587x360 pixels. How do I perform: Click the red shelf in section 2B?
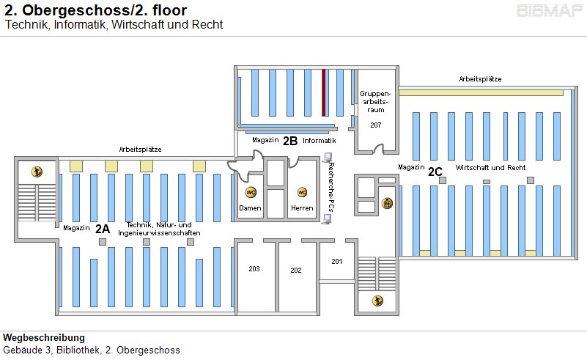[x=324, y=92]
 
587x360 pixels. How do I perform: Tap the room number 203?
[x=254, y=269]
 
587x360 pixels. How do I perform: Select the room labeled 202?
[x=296, y=271]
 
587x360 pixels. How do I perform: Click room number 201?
[x=336, y=262]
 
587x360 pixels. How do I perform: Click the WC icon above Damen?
[x=250, y=192]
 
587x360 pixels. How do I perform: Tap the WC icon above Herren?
[x=301, y=192]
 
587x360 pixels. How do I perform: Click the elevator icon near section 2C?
[x=388, y=203]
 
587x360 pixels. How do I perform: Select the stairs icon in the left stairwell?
[x=36, y=172]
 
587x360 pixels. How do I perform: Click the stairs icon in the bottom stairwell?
[x=377, y=300]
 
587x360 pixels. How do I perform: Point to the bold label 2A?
[x=103, y=228]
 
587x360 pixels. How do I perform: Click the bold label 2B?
[x=290, y=140]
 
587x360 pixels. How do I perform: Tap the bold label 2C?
[x=435, y=172]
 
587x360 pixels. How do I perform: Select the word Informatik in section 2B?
[x=320, y=140]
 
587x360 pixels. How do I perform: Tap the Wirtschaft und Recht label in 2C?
[x=490, y=168]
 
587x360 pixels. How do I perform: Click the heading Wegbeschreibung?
[x=44, y=338]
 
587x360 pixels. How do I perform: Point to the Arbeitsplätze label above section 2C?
[x=480, y=79]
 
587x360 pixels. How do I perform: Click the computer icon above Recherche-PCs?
[x=328, y=156]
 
